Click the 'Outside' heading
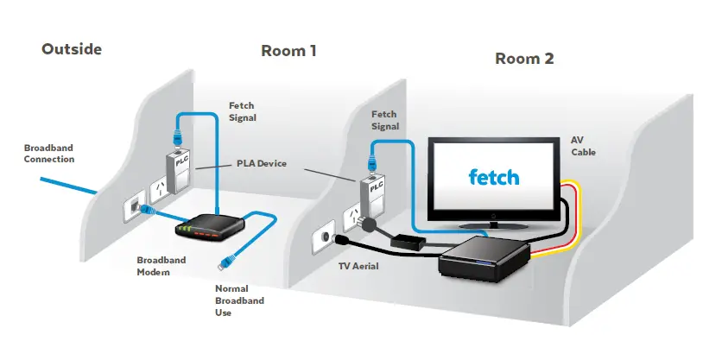pos(71,49)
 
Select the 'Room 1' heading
pos(288,51)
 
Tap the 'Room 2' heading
pos(523,59)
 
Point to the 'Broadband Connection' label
pos(48,153)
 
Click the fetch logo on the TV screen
pos(493,178)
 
